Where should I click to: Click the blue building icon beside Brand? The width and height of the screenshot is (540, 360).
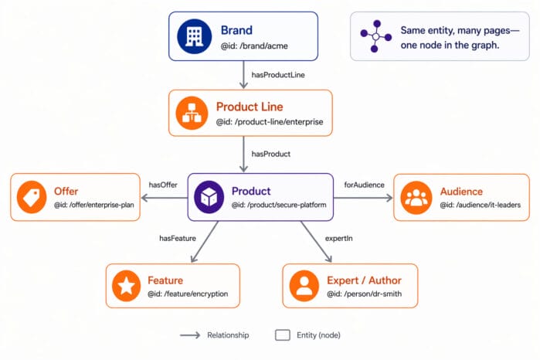193,36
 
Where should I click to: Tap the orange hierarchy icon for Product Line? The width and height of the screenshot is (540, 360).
192,113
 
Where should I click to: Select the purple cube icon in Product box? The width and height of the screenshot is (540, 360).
209,196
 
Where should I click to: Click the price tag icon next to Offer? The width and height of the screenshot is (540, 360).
32,197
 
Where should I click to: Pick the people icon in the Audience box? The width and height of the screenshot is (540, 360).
416,196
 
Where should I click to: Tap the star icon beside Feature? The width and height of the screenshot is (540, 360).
126,286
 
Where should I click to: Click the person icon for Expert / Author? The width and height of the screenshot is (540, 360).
304,286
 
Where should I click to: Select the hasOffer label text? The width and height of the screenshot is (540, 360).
164,184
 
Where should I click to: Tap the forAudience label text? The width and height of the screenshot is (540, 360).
364,184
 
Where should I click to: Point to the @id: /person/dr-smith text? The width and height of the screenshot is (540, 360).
364,294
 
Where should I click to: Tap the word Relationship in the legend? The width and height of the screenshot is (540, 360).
228,335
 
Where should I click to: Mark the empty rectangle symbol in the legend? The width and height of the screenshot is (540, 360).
283,335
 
